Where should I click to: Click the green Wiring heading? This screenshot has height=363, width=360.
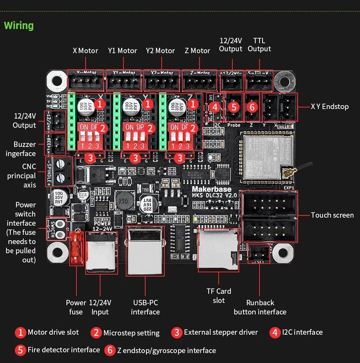tap(19, 26)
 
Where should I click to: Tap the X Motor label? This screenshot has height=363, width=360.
tap(86, 50)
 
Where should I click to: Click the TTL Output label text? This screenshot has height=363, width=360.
tap(259, 45)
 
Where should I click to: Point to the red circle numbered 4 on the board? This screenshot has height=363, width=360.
tap(215, 107)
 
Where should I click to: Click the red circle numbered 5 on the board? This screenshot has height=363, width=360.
tap(234, 107)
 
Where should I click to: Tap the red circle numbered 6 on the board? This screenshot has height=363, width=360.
tap(252, 107)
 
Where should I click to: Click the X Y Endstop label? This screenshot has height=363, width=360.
tap(329, 106)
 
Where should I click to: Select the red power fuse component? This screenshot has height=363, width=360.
tap(76, 248)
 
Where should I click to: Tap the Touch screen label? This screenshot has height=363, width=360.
tap(332, 215)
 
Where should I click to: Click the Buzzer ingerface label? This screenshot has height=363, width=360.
tap(25, 149)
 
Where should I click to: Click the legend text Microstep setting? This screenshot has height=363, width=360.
tap(131, 333)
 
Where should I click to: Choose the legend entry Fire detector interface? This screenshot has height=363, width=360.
tap(63, 350)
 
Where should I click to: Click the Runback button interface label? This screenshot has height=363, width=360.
tap(260, 307)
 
